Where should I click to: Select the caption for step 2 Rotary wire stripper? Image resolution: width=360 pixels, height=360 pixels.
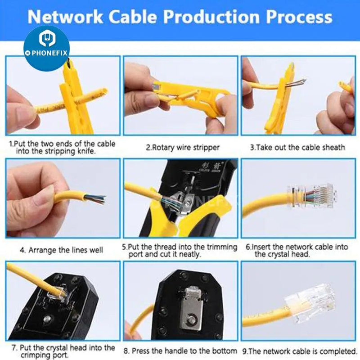click(183, 147)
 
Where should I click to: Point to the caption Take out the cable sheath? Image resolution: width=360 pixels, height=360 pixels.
click(297, 147)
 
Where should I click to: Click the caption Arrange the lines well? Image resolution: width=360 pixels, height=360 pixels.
click(61, 249)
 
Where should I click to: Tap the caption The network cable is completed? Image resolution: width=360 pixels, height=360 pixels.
click(299, 351)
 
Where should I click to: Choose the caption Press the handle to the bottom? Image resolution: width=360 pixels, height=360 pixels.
click(180, 351)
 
